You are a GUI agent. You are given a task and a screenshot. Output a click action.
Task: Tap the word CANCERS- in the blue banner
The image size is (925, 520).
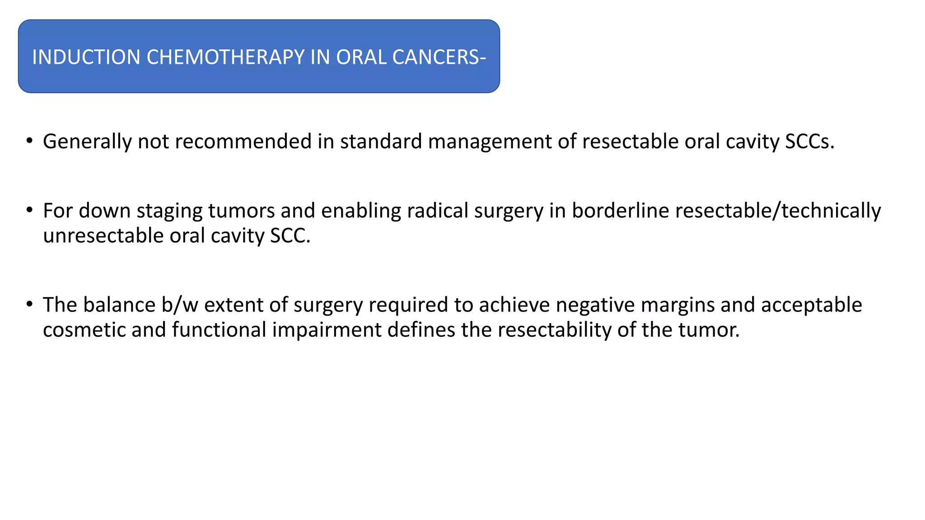(x=439, y=57)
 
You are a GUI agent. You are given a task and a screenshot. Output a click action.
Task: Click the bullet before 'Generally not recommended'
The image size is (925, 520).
(x=29, y=141)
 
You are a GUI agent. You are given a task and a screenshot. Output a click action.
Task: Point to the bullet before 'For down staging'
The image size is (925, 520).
(x=29, y=210)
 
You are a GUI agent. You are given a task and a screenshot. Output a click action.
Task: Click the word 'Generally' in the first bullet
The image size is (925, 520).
(x=87, y=142)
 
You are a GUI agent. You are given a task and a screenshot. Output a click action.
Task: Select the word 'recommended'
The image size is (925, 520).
(x=243, y=142)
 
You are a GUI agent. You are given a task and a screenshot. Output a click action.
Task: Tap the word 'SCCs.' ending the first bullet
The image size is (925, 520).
(x=809, y=142)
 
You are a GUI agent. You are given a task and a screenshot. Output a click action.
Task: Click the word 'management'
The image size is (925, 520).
(x=490, y=142)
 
